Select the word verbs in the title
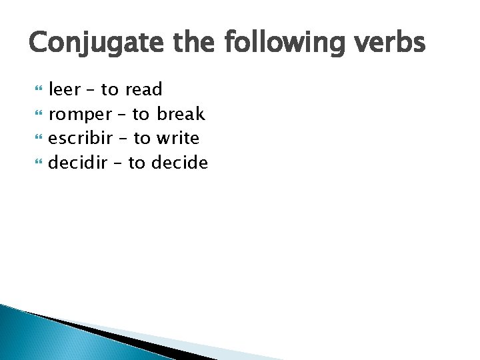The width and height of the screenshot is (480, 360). coord(391,43)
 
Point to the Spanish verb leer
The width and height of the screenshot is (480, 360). coord(65,90)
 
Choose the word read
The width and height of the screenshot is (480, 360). coord(143,90)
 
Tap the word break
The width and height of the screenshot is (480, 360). coord(181,114)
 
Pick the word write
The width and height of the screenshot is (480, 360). coord(177,138)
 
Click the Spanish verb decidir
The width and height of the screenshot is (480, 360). coord(78,162)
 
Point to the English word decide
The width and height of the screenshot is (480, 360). coord(180,162)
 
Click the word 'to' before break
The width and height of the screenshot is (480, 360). coord(140,115)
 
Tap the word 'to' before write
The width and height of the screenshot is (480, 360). coord(141,139)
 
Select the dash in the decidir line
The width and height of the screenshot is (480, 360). coord(117,163)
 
